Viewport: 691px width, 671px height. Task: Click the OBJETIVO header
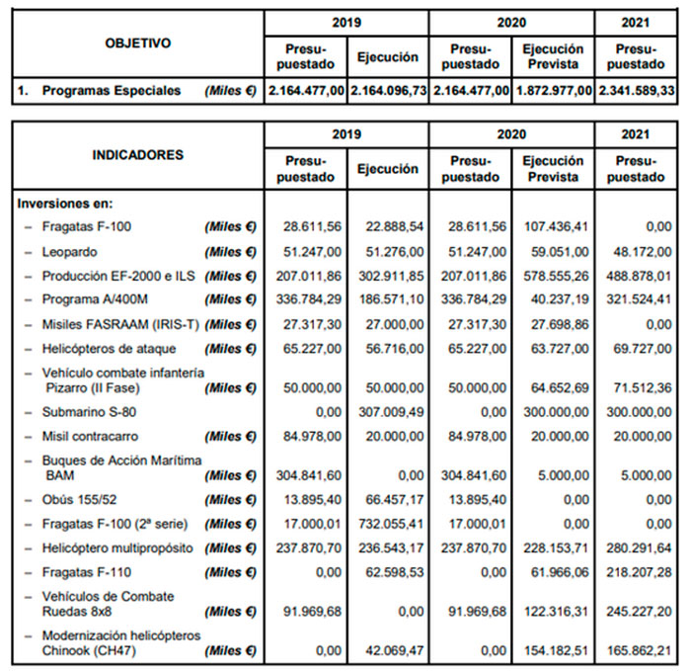click(x=137, y=43)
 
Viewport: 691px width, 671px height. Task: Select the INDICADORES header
click(x=137, y=155)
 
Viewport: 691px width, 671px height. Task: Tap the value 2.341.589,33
click(x=637, y=91)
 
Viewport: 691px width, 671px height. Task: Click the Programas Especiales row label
click(x=111, y=91)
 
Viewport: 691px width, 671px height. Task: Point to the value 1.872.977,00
click(x=554, y=91)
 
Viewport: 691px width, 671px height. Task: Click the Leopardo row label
click(x=69, y=252)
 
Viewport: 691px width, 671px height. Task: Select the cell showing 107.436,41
click(x=556, y=226)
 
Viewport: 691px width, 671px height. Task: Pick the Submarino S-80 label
click(x=89, y=412)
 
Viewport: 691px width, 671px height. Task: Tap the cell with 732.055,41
click(x=391, y=524)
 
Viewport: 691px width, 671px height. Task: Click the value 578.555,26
click(x=556, y=276)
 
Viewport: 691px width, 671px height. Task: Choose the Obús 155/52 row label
click(x=79, y=500)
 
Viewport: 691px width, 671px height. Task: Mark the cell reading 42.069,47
click(x=395, y=650)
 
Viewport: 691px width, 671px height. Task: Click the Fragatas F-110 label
click(x=87, y=572)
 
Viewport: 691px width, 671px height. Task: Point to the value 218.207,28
click(x=639, y=572)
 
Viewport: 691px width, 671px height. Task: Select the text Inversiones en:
click(x=65, y=204)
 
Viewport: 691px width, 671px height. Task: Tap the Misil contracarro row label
click(x=90, y=437)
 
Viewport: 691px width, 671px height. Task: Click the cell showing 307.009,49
click(x=391, y=412)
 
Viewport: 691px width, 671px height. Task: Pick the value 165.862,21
click(x=639, y=650)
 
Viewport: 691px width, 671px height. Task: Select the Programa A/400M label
click(x=95, y=299)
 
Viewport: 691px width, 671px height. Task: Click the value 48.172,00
click(x=643, y=252)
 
